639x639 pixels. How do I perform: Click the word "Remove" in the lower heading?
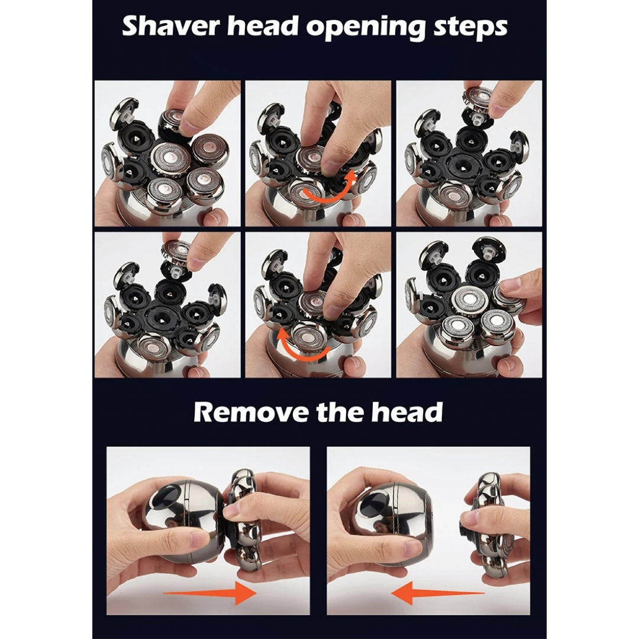click(x=251, y=412)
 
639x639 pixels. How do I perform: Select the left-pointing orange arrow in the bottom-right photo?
click(x=438, y=593)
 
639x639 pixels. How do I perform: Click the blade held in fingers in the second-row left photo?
click(x=176, y=251)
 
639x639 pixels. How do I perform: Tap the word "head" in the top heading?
click(x=262, y=26)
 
